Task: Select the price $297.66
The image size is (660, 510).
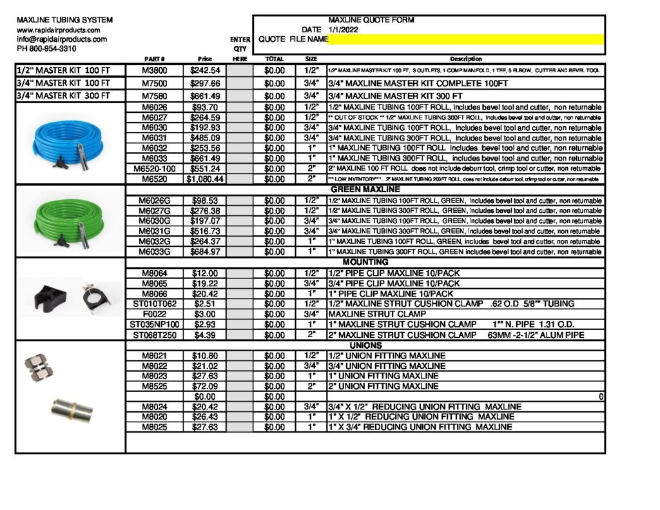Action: pos(205,83)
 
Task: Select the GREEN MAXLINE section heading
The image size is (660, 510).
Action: pos(365,190)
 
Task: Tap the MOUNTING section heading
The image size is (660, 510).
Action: pos(365,262)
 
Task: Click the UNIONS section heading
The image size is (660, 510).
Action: pos(365,346)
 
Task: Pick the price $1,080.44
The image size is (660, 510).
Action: pos(205,179)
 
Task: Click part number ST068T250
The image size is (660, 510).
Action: pos(154,335)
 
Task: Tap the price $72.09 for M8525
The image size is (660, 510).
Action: pos(205,386)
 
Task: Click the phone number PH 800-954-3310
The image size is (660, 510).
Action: pos(46,48)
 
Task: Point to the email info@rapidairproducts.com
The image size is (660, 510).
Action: pos(62,39)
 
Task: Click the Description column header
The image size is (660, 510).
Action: pos(465,59)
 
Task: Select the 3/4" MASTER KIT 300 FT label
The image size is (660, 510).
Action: pos(64,96)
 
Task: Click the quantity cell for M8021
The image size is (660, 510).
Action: pos(240,356)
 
